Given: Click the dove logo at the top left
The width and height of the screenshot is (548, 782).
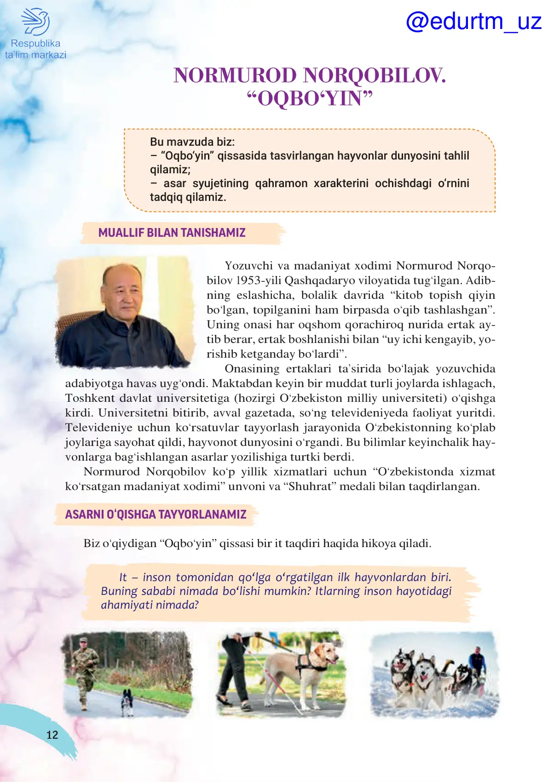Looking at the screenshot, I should [35, 21].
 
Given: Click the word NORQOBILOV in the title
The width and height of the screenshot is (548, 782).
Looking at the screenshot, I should [375, 75].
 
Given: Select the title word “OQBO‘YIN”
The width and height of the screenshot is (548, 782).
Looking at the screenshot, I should [310, 98].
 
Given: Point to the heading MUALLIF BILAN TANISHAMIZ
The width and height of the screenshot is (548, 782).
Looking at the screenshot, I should [172, 233].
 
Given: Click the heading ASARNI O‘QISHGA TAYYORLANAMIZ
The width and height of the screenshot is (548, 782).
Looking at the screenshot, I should [156, 514].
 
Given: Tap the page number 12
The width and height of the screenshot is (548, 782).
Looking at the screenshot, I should [52, 735].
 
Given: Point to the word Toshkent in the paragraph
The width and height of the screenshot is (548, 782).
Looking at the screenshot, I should [90, 398].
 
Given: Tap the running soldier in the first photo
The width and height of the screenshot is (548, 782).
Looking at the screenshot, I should [84, 669].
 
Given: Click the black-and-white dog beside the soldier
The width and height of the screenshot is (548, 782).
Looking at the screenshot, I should [127, 701].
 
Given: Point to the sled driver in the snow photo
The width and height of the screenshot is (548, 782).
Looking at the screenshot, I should [477, 662].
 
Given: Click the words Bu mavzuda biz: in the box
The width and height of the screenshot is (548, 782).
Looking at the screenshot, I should [192, 142].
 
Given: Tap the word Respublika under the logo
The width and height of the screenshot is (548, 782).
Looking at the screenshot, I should [35, 44].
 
